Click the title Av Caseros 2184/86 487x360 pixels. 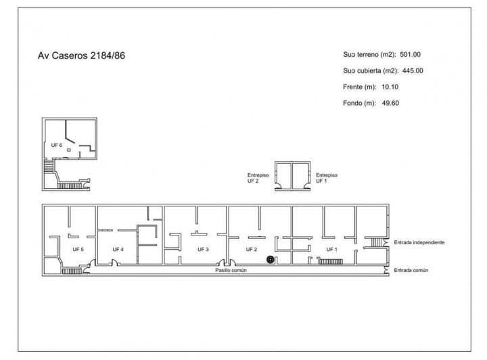tap(81, 55)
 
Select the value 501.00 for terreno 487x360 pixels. tap(411, 54)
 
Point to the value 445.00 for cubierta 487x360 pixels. tap(411, 70)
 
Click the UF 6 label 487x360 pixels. tap(56, 145)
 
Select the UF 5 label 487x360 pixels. tap(78, 249)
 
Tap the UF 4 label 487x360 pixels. tap(118, 249)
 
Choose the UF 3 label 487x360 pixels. tap(203, 249)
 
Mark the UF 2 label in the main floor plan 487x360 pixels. tap(252, 249)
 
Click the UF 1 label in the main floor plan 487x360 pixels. tap(331, 249)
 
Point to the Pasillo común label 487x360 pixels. tap(230, 270)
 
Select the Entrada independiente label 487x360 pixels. tap(419, 242)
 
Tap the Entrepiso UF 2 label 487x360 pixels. tap(258, 178)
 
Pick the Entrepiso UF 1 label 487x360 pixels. tap(327, 178)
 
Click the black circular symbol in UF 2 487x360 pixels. tap(271, 258)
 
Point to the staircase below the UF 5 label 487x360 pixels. tap(70, 270)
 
